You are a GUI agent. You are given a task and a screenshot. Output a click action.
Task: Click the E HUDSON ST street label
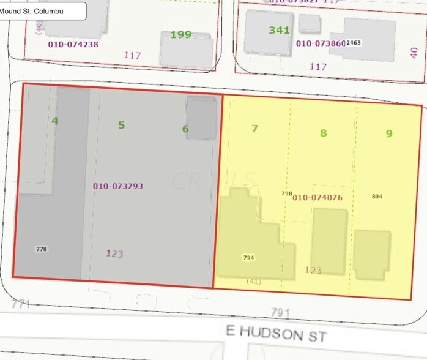pos(276,333)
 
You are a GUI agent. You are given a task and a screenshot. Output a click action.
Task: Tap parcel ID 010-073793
pos(118,186)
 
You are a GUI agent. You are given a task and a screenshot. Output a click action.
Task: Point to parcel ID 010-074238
pos(73,44)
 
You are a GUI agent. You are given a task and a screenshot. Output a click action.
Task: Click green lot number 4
pos(54,121)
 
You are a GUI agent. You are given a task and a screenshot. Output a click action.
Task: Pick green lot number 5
pos(121,126)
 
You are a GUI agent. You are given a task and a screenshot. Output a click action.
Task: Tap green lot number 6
pos(185,129)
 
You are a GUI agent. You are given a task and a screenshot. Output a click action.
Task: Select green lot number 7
pos(255,129)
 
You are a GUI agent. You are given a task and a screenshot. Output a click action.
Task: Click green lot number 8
pos(324,133)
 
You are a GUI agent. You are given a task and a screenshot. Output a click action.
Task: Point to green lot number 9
pos(388,133)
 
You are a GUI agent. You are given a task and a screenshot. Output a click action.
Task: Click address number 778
pos(42,249)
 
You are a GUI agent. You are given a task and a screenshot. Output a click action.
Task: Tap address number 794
pos(248,258)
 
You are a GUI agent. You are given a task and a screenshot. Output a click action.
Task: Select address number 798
pos(286,193)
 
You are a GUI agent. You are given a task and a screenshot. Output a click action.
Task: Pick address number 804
pos(377,197)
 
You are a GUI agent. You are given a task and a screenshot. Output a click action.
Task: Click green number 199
pos(180,34)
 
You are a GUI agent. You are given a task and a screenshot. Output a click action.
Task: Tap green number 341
pos(279,29)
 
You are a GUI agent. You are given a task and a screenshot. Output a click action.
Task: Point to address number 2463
pos(354,43)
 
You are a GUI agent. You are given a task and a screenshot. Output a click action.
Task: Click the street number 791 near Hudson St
pos(280,313)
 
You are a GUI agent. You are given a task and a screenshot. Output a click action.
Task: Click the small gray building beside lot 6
pos(201,118)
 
